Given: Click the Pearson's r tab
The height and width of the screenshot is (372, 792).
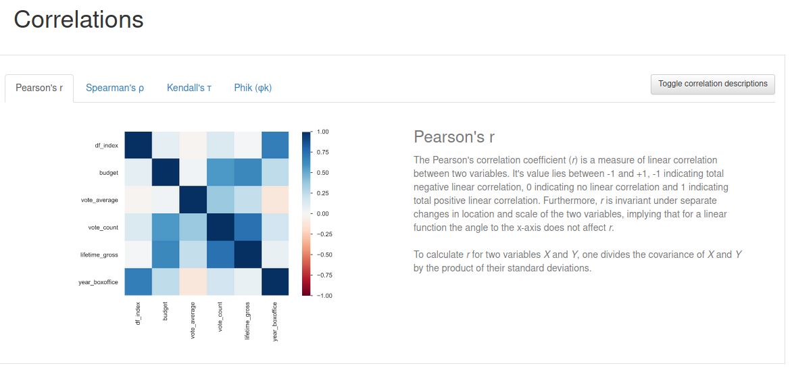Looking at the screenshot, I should point(39,88).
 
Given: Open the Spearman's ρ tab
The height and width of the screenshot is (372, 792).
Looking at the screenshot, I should point(115,88).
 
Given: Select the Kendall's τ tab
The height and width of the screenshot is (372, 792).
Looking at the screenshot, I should point(189,88).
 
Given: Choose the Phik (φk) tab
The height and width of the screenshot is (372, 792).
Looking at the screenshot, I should point(253,88).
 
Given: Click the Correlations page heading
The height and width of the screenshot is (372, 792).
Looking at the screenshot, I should point(78,20).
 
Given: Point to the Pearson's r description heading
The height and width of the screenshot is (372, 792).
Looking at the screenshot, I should point(453,137).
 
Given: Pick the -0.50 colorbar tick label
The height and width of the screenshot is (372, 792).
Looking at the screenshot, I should point(324,255).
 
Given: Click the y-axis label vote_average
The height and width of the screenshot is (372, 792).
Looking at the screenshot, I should point(99,200).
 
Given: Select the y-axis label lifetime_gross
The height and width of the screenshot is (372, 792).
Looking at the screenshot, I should point(99,255).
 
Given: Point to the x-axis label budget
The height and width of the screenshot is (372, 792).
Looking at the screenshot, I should point(166,312).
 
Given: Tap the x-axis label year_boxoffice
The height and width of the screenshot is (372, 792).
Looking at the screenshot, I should point(275,321).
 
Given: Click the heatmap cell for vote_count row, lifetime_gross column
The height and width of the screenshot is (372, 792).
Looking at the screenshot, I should point(247,227).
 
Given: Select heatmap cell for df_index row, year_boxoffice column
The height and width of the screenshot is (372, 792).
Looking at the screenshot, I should point(275,145).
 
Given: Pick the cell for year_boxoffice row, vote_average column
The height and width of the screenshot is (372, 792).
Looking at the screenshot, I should point(193,282).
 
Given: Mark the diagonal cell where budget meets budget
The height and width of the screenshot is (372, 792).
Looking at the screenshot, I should point(166,172).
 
